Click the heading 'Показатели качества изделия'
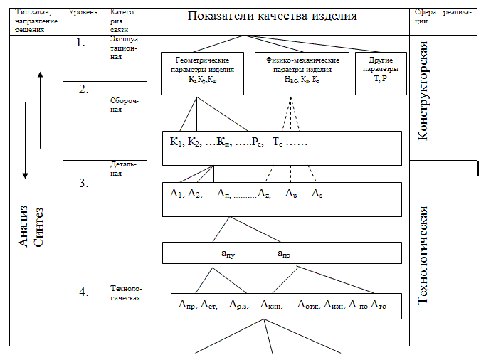pos(273,16)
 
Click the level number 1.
pos(80,42)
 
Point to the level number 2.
pos(84,90)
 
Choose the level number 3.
pos(83,183)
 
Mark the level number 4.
pos(83,292)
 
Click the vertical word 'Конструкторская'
pos(423,90)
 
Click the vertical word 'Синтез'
pos(40,226)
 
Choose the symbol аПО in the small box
pos(283,253)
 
